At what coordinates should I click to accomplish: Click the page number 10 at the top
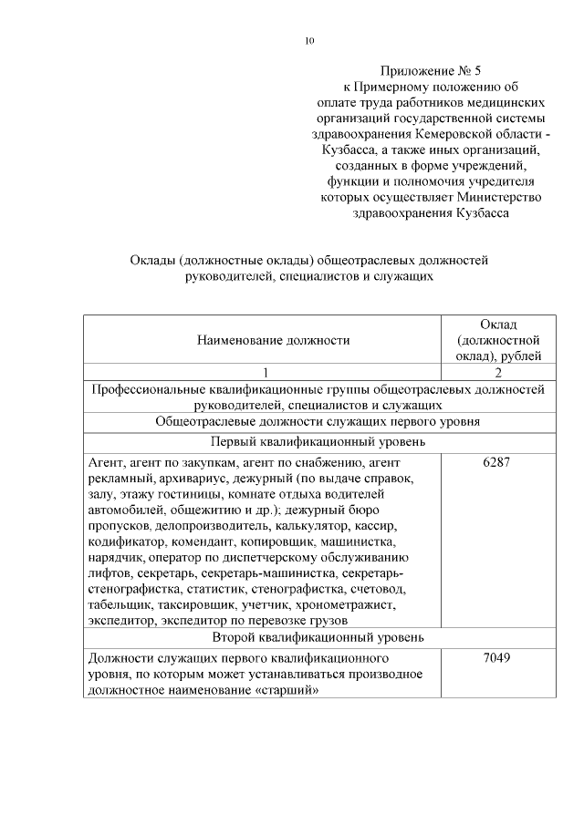[309, 40]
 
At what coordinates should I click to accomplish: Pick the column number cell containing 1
[265, 372]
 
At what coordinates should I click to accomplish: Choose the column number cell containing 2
[498, 372]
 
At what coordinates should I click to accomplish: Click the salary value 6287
[497, 461]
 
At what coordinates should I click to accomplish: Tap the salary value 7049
[497, 657]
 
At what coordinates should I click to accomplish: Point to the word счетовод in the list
[374, 591]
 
